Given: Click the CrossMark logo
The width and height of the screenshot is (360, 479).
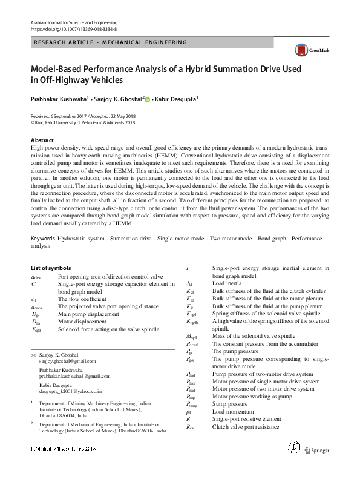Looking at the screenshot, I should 309,50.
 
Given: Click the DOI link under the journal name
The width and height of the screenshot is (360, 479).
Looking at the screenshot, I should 73,29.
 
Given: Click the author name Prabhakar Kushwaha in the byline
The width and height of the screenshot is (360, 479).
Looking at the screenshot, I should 59,98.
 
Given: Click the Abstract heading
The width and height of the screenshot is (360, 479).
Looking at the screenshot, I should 42,140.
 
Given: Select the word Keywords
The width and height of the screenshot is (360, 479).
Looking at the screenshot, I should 45,239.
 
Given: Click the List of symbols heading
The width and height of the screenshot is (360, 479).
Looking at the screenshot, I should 50,268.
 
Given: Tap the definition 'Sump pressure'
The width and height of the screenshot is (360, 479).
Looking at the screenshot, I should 230,404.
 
